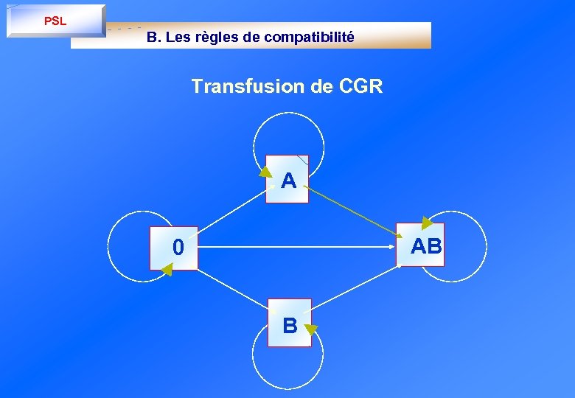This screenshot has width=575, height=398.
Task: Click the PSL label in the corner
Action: [x=55, y=21]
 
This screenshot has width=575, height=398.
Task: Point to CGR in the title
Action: [x=361, y=86]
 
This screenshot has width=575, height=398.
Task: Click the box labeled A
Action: [x=287, y=179]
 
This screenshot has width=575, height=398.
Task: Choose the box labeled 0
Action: [x=175, y=247]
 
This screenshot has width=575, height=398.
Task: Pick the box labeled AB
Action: [x=422, y=245]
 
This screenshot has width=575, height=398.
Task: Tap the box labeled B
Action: [x=290, y=323]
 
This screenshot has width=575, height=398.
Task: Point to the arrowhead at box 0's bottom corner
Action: [x=167, y=270]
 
